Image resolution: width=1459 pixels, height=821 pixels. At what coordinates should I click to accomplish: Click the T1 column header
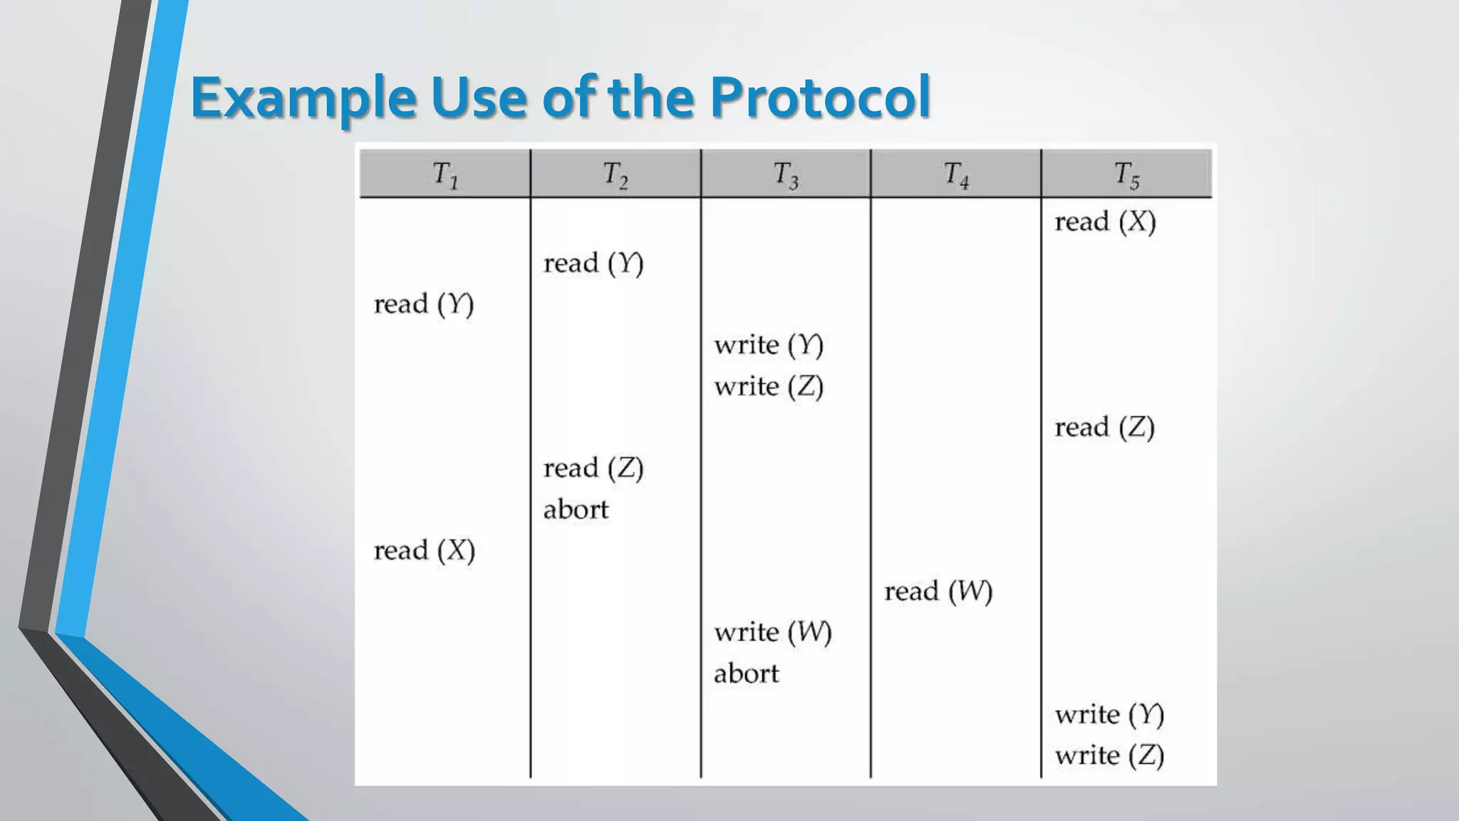tap(445, 175)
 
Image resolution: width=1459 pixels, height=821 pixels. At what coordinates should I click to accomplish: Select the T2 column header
tap(616, 175)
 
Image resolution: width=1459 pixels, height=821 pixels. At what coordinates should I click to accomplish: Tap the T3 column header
tap(786, 175)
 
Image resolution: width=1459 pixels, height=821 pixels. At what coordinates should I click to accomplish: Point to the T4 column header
tap(956, 175)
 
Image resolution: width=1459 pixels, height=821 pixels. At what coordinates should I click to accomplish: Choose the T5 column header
tap(1126, 175)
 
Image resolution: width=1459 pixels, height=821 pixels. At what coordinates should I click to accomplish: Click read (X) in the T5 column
tap(1105, 222)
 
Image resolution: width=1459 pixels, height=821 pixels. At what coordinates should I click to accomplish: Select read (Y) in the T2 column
tap(593, 264)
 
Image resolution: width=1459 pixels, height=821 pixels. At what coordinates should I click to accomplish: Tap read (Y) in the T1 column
tap(424, 304)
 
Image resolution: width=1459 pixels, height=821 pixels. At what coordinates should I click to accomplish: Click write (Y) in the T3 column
tap(769, 346)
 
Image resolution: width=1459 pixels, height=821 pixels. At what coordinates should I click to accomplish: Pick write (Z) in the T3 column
tap(769, 387)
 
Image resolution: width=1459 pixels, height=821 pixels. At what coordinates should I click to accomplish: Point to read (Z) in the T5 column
tap(1105, 428)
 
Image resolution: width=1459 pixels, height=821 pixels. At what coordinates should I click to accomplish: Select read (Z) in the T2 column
tap(593, 469)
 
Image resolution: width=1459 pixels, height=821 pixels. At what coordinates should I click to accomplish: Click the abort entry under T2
tap(576, 510)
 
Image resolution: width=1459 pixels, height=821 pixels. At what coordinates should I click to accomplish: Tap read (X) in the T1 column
tap(424, 551)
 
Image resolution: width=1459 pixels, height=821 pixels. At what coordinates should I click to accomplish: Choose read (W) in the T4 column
tap(938, 592)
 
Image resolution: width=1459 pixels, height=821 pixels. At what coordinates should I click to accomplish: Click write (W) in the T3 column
tap(773, 633)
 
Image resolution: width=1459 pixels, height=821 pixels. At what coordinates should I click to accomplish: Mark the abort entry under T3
tap(746, 673)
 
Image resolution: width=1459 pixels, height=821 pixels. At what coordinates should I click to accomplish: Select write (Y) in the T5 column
tap(1109, 715)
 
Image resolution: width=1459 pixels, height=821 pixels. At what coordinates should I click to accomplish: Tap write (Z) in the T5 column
tap(1109, 755)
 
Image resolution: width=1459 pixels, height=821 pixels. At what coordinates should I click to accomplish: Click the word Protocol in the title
tap(820, 97)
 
